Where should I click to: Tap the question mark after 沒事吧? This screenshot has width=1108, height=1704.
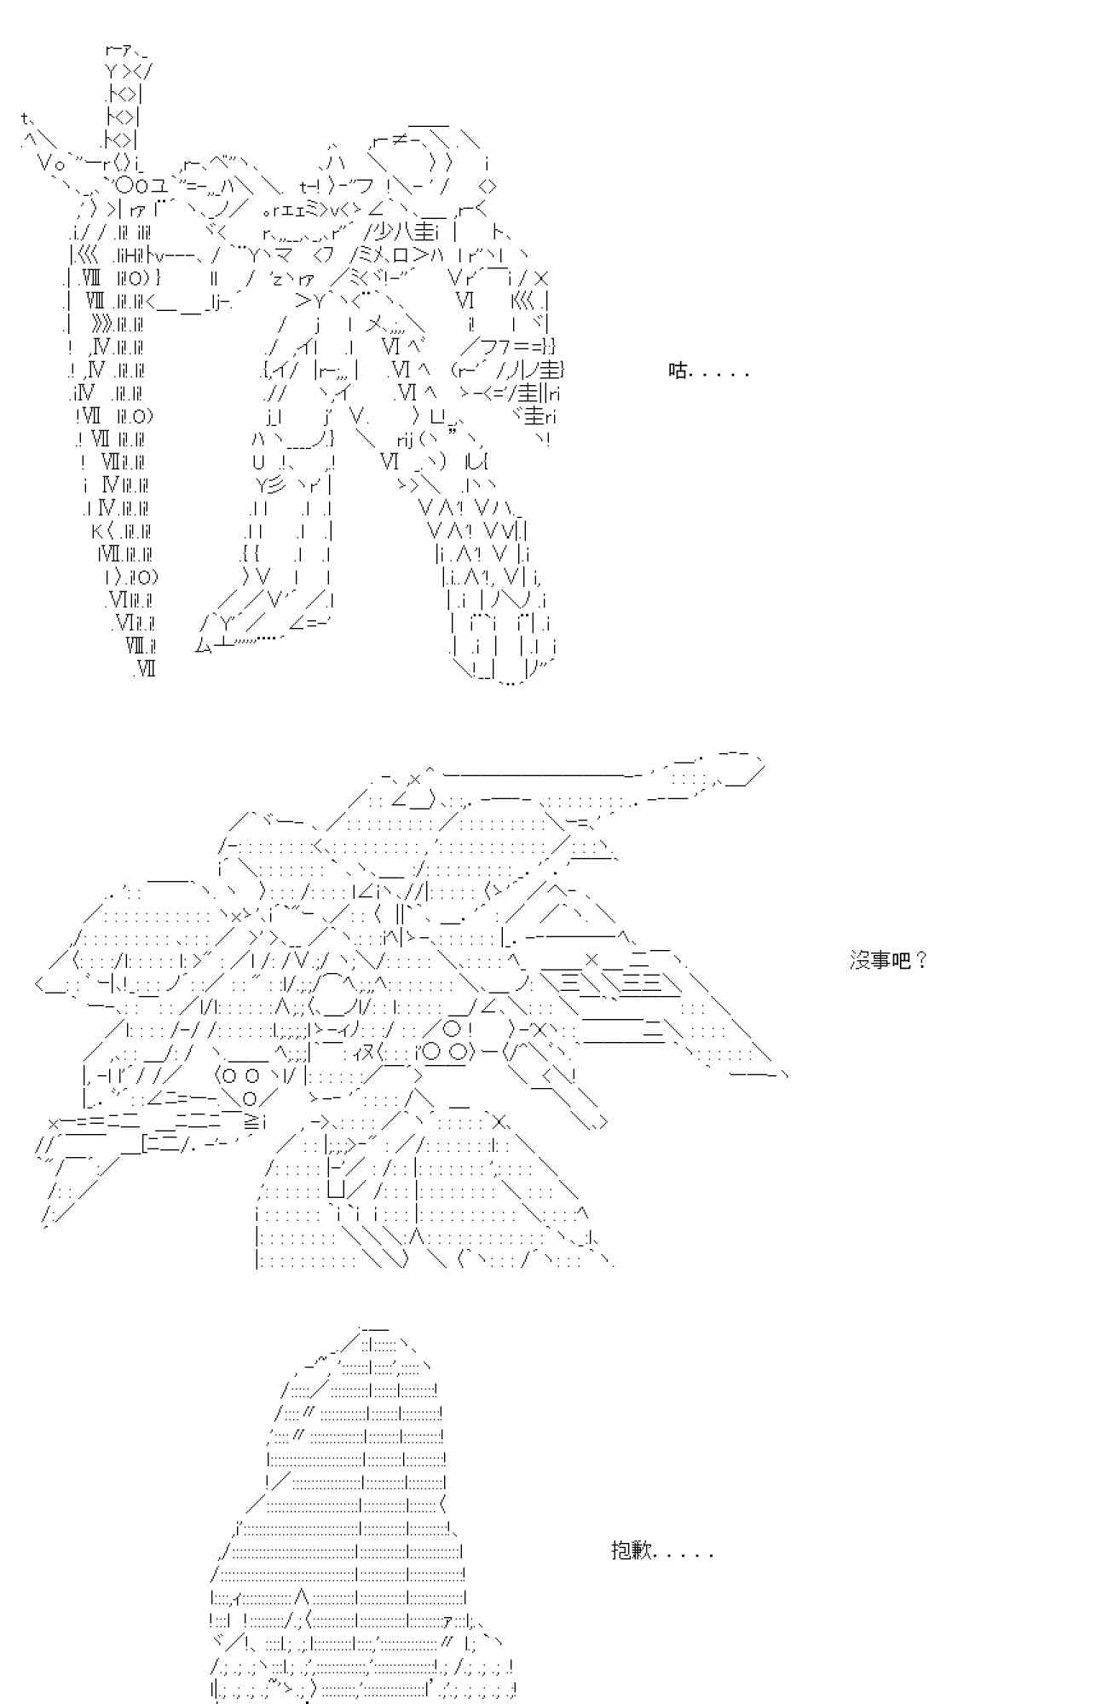[920, 961]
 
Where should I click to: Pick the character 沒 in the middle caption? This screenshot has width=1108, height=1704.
[860, 961]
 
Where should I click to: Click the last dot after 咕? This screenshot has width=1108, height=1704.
[746, 376]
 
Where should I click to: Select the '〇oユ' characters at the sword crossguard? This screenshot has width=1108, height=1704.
[135, 186]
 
